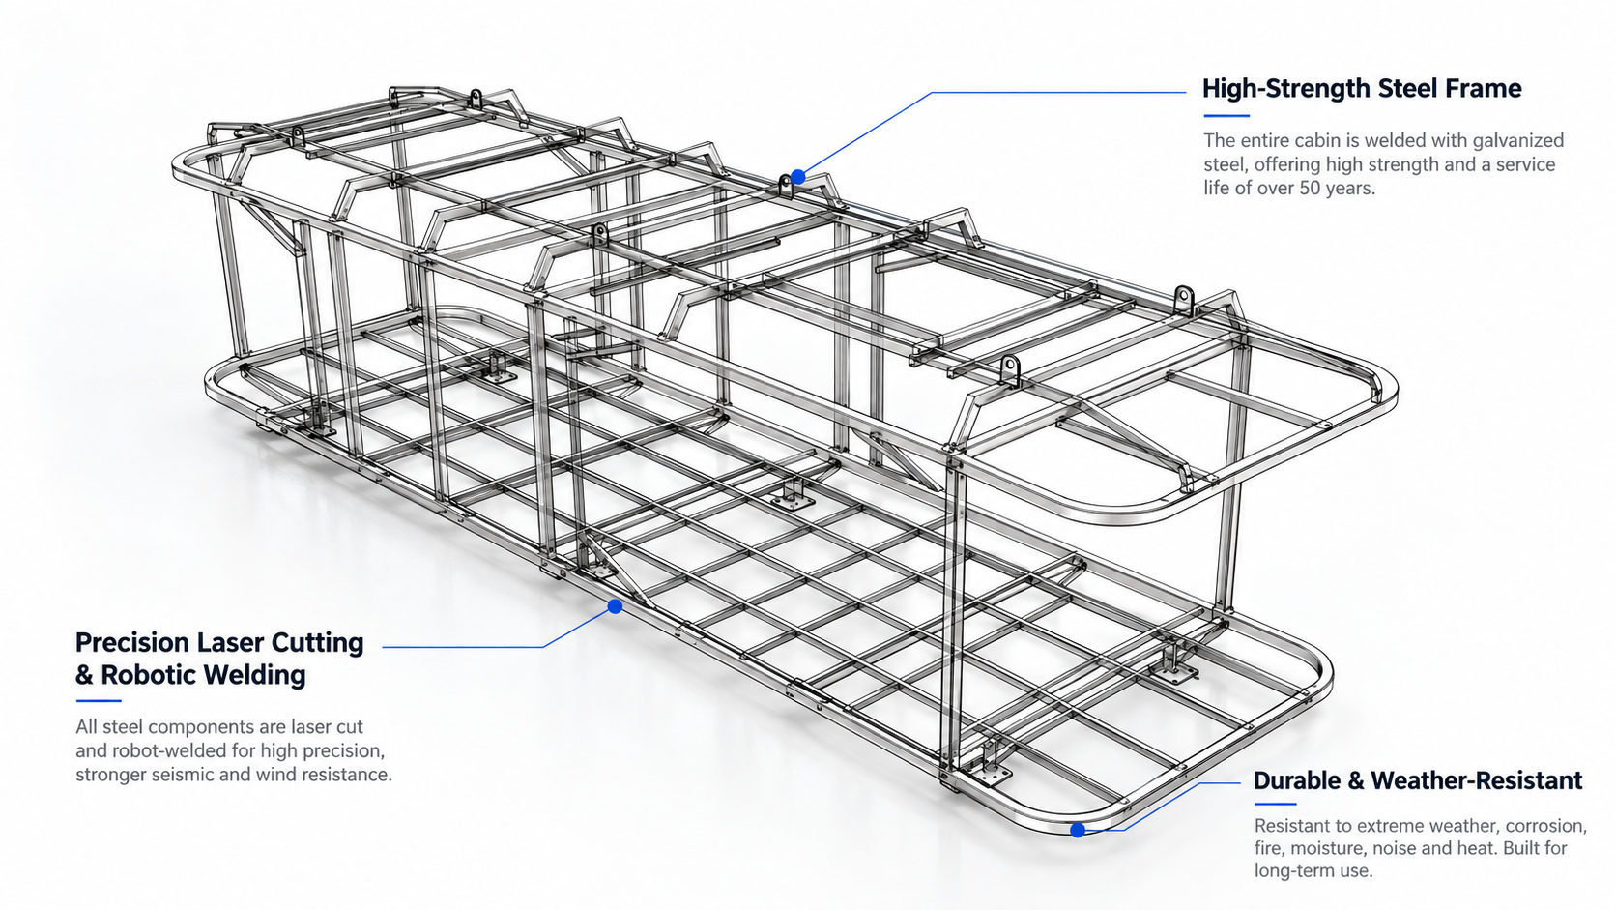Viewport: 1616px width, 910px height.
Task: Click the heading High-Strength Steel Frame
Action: click(x=1362, y=89)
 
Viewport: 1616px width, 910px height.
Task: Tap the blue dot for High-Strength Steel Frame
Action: click(x=798, y=177)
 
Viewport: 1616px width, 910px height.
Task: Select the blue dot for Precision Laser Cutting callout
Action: click(x=616, y=607)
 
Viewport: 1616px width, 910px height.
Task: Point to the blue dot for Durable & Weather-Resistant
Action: click(x=1078, y=831)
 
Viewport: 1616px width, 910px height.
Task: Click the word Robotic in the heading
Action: click(x=149, y=675)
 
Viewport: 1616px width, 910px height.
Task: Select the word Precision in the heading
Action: click(x=132, y=642)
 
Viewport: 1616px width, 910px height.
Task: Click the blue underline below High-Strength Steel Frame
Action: click(x=1226, y=115)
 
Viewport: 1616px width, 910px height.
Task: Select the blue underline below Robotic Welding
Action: click(x=99, y=701)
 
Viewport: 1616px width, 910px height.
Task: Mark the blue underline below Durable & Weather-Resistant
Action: click(x=1276, y=804)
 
